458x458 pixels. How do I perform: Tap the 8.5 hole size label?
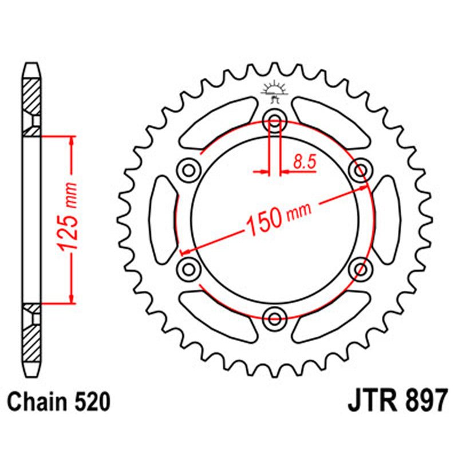pyautogui.click(x=305, y=162)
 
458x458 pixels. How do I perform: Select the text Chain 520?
pyautogui.click(x=59, y=402)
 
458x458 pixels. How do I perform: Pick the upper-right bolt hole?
pyautogui.click(x=361, y=170)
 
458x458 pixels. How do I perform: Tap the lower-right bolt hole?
pyautogui.click(x=361, y=269)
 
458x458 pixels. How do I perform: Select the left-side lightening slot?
pyautogui.click(x=163, y=219)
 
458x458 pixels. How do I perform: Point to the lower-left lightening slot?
pyautogui.click(x=218, y=317)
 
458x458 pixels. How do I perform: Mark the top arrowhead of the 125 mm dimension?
pyautogui.click(x=72, y=140)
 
